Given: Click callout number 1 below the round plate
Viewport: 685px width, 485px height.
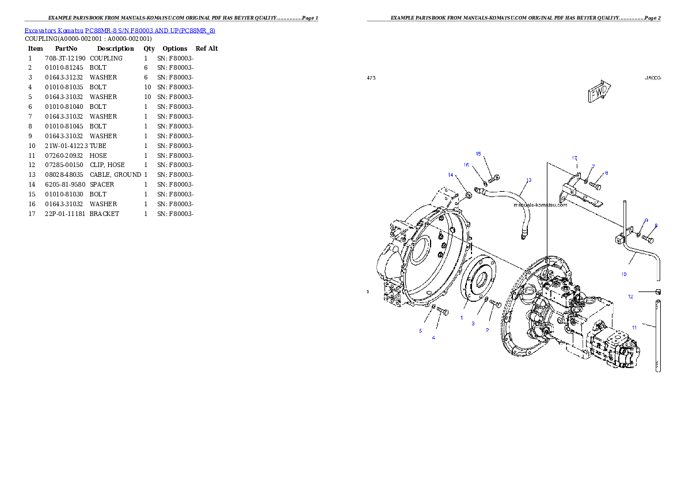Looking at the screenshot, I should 461,317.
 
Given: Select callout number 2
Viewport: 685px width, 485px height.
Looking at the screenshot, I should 487,330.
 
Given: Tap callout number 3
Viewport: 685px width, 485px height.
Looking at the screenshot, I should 473,323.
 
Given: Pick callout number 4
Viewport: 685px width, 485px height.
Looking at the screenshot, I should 433,338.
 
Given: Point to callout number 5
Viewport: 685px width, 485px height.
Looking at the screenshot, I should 420,331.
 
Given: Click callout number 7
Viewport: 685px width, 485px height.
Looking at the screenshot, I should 593,166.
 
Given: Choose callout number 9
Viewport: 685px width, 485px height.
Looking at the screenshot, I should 646,221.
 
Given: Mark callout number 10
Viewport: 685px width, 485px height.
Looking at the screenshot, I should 623,274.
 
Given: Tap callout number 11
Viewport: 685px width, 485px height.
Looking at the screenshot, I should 634,327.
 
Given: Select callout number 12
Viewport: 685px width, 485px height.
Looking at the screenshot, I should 631,297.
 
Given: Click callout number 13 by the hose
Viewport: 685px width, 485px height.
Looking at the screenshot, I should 528,180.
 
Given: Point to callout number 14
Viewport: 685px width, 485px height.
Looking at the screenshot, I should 451,175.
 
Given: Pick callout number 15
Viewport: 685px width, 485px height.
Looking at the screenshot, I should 478,154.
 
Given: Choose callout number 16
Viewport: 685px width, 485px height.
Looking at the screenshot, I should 467,165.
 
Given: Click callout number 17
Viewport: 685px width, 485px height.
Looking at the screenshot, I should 574,158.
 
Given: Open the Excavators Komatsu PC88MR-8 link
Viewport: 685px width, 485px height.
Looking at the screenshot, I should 120,31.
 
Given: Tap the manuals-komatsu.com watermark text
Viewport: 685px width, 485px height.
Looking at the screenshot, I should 541,204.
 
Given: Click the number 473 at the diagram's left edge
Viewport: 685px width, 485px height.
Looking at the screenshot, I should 371,77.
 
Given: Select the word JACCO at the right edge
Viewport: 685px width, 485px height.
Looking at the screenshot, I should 653,77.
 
